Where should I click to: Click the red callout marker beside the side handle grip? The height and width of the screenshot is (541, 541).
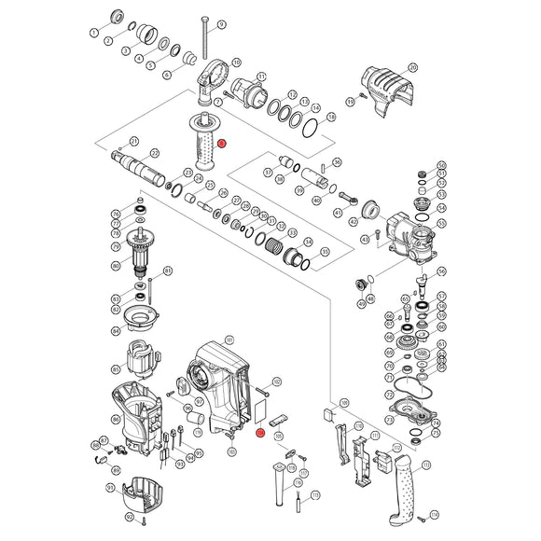(223, 144)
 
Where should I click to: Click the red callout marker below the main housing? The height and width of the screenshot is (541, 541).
(260, 433)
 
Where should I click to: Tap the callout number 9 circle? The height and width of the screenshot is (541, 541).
(222, 23)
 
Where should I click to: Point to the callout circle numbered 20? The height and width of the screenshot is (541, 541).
(413, 68)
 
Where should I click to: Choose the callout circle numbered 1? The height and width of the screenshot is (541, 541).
(93, 32)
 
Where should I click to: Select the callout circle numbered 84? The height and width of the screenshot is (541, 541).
(116, 330)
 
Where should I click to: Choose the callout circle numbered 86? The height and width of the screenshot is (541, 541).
(115, 419)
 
